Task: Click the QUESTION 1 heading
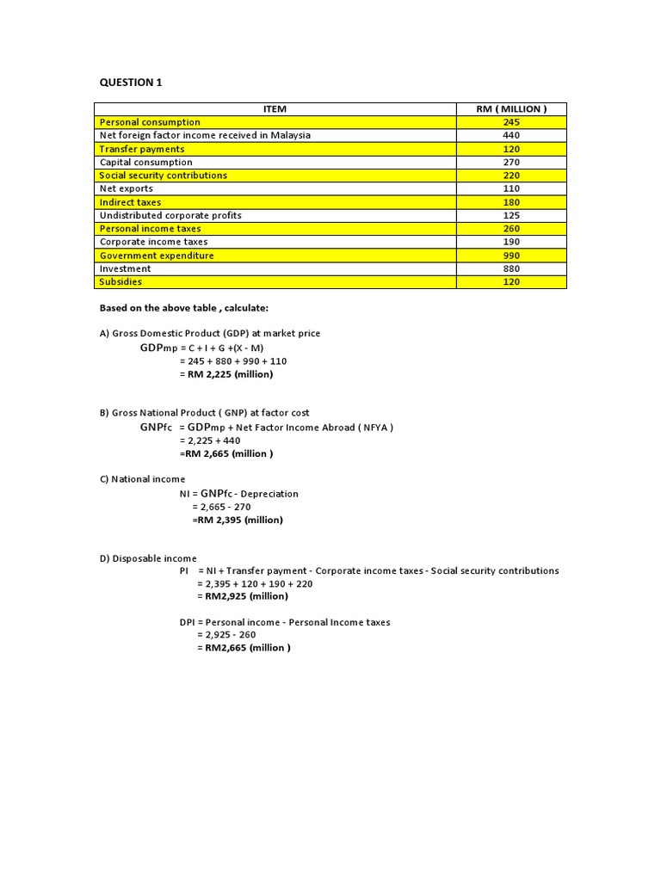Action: tap(130, 83)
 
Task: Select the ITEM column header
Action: tap(275, 108)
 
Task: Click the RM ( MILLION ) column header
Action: tap(511, 108)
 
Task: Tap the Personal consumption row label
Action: tap(150, 122)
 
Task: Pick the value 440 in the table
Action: tap(511, 135)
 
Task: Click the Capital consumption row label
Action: tap(146, 162)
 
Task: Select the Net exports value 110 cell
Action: tap(511, 188)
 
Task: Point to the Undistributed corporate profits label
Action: tap(170, 215)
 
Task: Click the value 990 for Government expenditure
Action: tap(511, 256)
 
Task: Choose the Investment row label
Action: tap(126, 268)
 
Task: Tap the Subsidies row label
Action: tap(121, 281)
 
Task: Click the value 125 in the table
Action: tap(511, 215)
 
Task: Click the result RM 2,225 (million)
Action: tap(226, 374)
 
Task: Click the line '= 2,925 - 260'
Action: tap(226, 635)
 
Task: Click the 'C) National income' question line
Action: tap(142, 479)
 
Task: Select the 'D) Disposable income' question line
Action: tap(148, 558)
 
